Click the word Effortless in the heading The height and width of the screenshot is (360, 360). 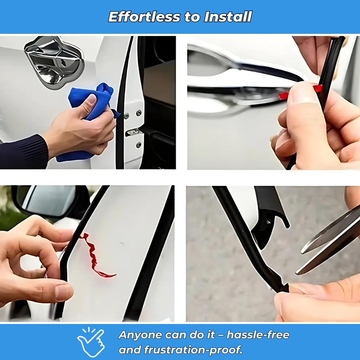pos(144,17)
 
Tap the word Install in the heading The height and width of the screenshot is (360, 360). pos(228,17)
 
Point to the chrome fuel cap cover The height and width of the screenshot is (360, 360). pos(54,62)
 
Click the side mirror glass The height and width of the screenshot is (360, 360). pos(49,200)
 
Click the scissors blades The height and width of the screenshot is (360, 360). pos(328,241)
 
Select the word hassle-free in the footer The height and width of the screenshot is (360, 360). pos(258,335)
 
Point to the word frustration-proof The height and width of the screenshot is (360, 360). pos(193,350)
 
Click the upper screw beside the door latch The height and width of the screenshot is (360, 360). pos(139,113)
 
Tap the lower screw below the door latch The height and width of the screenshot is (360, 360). pos(139,145)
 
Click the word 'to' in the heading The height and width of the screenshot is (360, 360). pos(192,17)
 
